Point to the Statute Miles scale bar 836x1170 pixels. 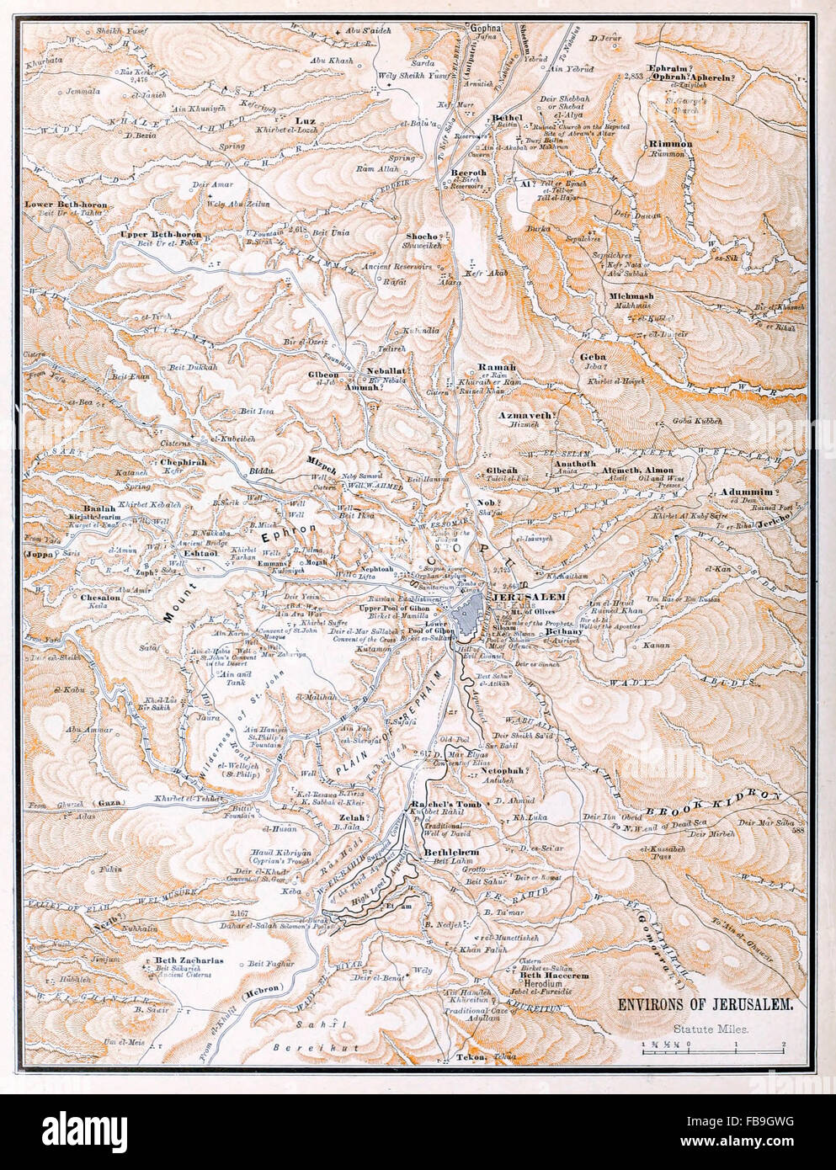(713, 1045)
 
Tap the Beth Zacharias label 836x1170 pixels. (187, 960)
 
